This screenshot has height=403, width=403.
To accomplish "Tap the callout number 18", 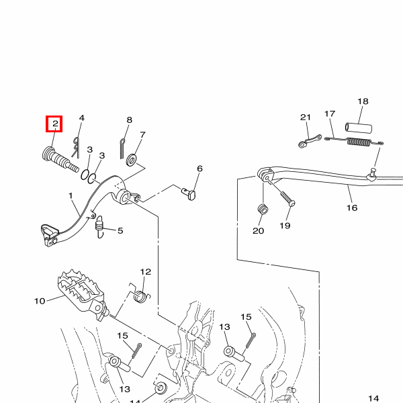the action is tap(363, 101).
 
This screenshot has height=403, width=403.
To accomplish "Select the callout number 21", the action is tap(306, 117).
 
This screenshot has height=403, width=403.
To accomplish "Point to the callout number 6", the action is tap(199, 169).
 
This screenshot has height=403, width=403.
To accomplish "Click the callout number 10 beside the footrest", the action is tap(40, 301).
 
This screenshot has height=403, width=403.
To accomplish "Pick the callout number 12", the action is tap(146, 271).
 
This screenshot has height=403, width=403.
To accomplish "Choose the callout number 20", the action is tap(258, 230).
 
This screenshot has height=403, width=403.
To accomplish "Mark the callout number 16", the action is tap(352, 208).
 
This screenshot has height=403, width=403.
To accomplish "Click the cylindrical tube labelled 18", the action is tap(358, 128).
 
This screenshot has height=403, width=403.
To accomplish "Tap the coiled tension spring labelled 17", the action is tap(354, 142).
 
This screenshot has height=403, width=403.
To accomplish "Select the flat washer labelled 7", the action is tap(132, 160).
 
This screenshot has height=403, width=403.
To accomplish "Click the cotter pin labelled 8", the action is tap(122, 148).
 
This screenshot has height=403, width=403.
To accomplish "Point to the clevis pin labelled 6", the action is tap(189, 193).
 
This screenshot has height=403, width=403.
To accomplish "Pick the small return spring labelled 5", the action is tap(99, 226).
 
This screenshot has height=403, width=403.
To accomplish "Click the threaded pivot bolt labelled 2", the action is tap(60, 159).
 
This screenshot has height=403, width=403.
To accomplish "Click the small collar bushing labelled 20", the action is tap(263, 208).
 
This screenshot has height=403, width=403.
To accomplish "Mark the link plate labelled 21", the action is tap(310, 141).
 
